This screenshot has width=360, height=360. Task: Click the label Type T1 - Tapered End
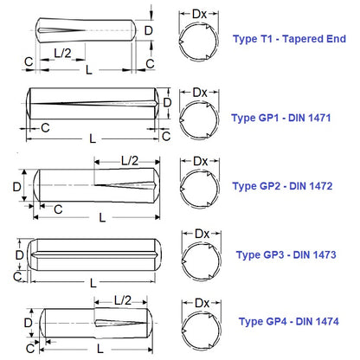(x=289, y=39)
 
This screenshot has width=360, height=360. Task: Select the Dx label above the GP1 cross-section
(x=199, y=92)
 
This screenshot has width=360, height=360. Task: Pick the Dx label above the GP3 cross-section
(x=199, y=235)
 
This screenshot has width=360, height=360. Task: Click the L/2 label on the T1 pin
(x=62, y=54)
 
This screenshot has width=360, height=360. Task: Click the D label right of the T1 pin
(x=148, y=31)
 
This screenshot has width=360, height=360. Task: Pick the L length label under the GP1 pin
(x=93, y=138)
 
